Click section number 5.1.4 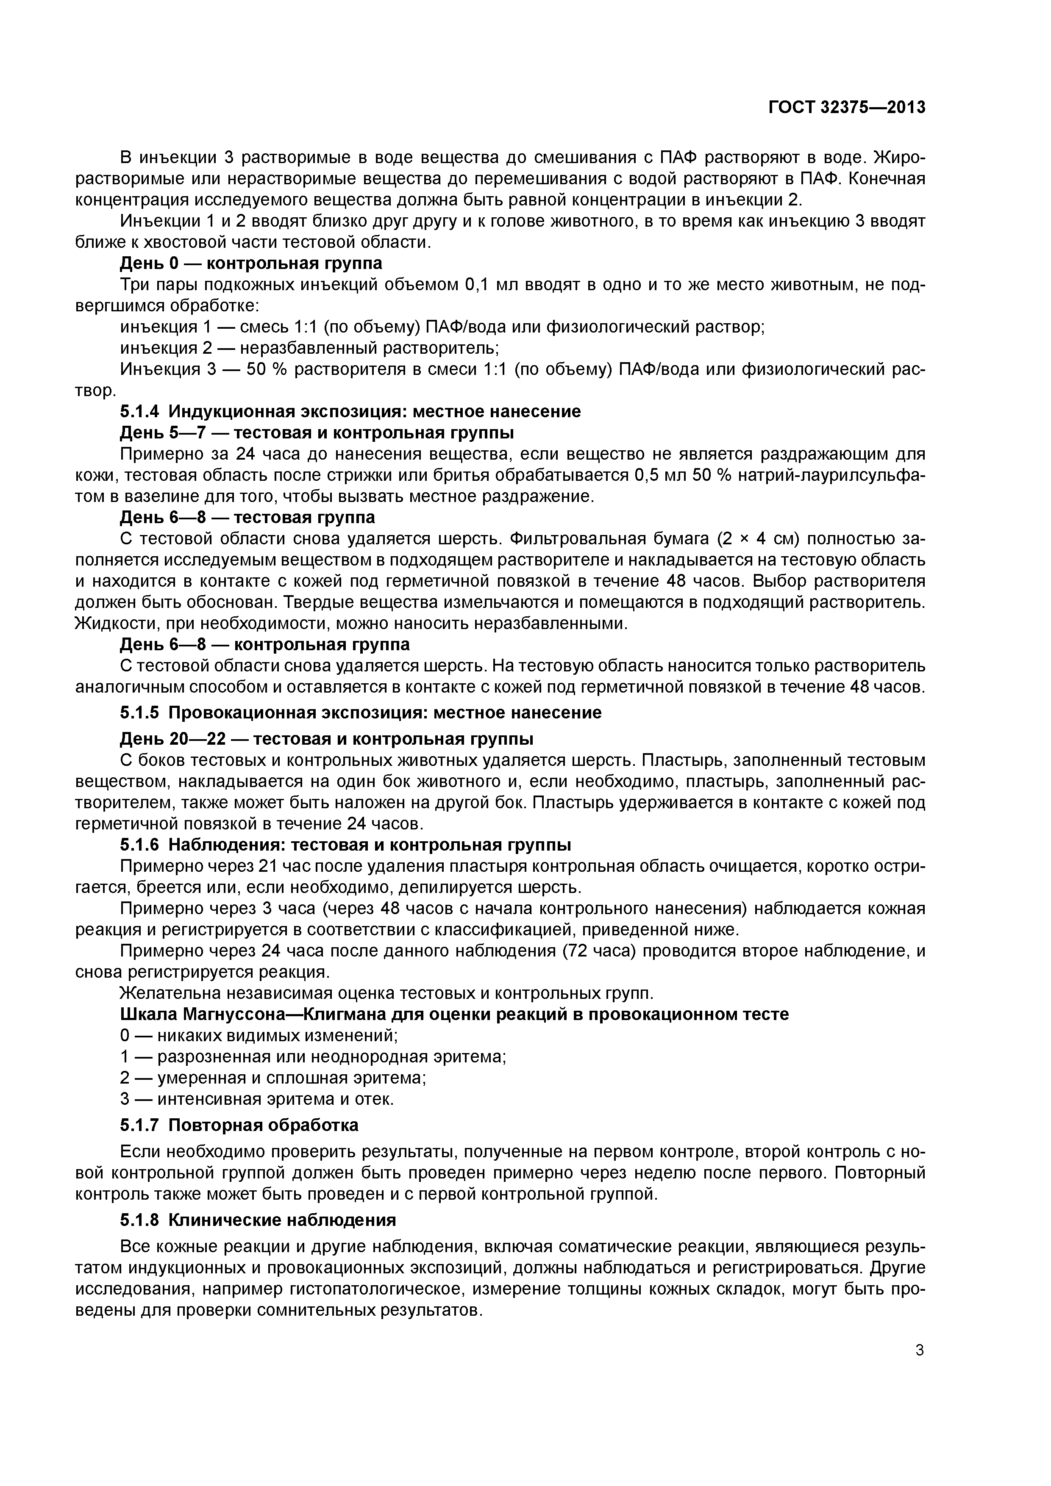coord(141,412)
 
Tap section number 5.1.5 coord(141,713)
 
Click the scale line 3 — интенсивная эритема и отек coord(257,1099)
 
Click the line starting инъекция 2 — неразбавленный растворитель coord(309,348)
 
